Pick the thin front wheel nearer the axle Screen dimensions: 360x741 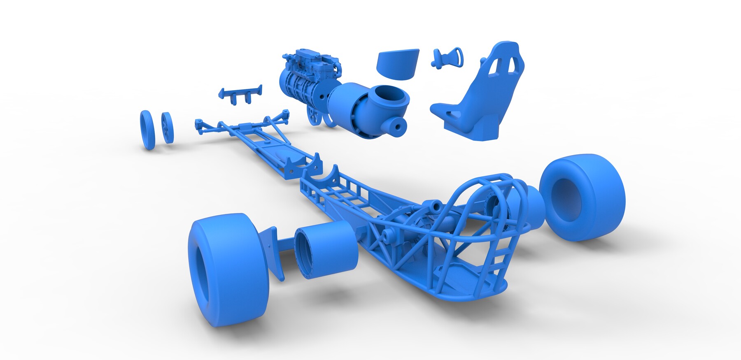[x=167, y=128]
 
